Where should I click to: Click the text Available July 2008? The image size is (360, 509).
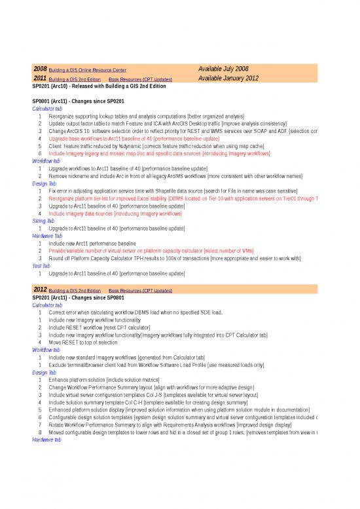[x=223, y=69]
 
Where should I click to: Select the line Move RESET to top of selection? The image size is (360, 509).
[x=85, y=342]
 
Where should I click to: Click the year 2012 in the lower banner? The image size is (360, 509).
[x=40, y=289]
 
